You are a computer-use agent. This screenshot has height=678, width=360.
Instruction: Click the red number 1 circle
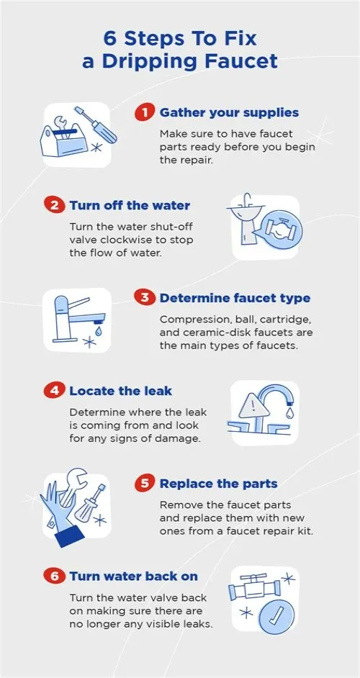[x=145, y=113]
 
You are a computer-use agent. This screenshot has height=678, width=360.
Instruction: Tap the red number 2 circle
[x=55, y=205]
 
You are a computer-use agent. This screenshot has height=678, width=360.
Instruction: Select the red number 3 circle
[x=145, y=298]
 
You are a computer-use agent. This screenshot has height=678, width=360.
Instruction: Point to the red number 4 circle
[x=55, y=391]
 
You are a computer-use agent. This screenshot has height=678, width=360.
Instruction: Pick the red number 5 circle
[x=145, y=484]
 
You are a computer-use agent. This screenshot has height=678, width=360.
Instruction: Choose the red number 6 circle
[x=55, y=576]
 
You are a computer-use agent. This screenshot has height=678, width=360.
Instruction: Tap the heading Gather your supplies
[x=230, y=113]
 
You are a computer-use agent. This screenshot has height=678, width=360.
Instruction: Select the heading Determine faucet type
[x=235, y=299]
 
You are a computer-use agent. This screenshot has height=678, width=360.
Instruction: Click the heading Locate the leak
[x=121, y=391]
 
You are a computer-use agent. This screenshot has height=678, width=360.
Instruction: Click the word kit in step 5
[x=306, y=530]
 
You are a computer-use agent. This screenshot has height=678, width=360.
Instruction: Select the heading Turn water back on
[x=134, y=577]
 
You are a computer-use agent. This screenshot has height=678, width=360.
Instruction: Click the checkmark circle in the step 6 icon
[x=277, y=615]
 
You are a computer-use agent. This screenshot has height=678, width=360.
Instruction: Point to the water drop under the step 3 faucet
[x=99, y=331]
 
